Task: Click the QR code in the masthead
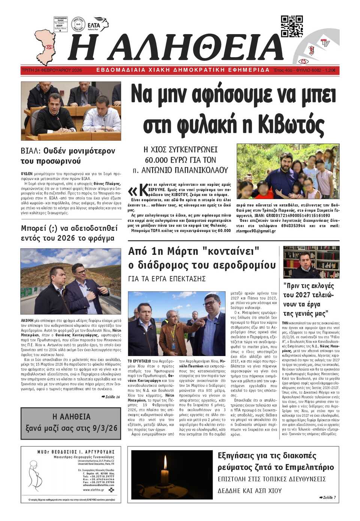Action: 292,26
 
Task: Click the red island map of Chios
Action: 45,47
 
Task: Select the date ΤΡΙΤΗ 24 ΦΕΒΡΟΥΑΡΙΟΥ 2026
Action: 52,70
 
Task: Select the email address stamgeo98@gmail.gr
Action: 256,231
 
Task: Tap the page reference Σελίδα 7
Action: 327,497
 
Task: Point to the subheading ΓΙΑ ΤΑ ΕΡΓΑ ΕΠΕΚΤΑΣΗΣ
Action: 167,278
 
